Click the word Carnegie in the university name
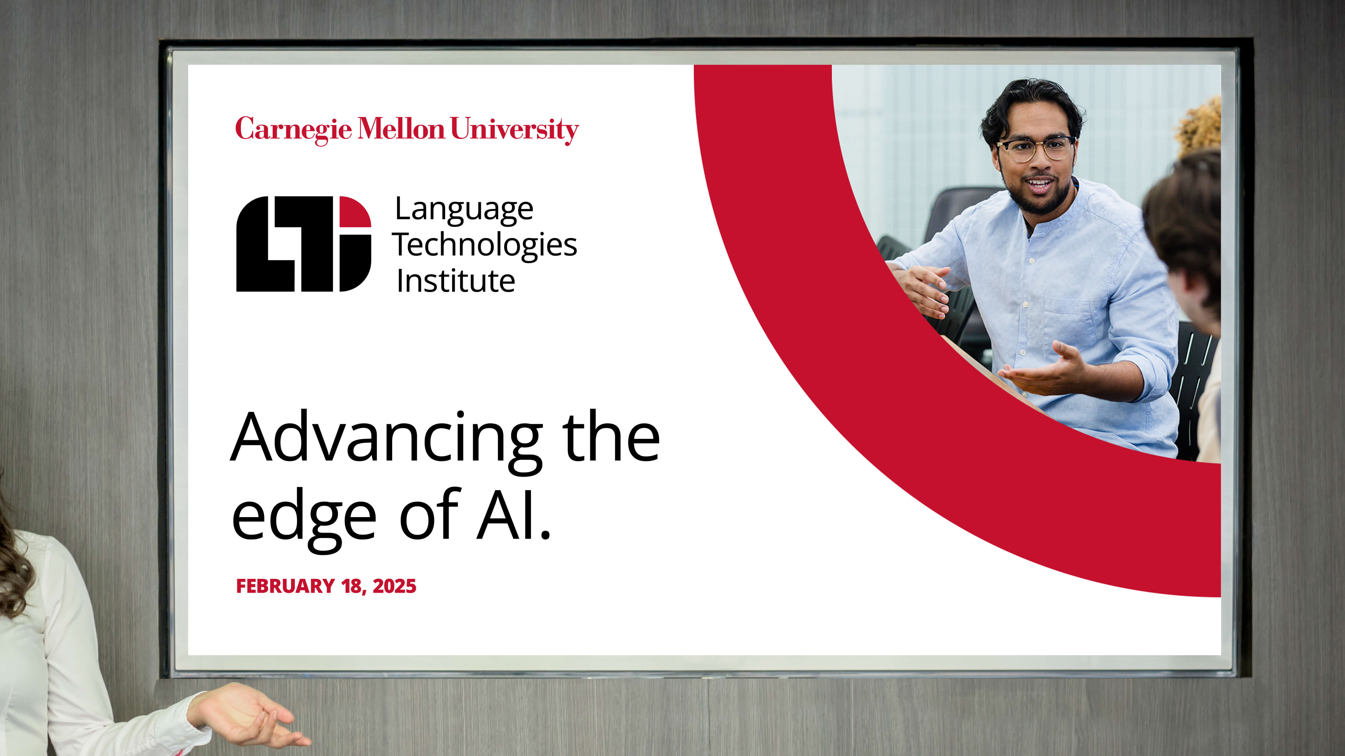click(x=293, y=129)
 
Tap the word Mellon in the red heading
click(x=401, y=128)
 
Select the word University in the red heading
click(x=514, y=129)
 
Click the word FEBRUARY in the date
click(x=285, y=586)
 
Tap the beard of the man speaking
click(x=1039, y=196)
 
